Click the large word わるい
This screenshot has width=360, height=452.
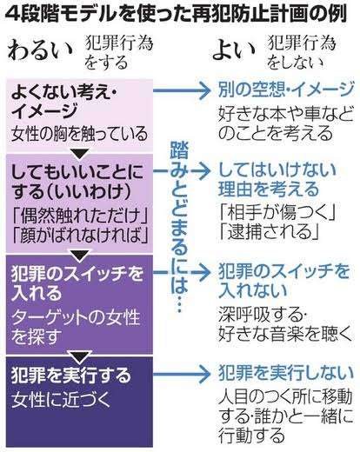[x=40, y=51]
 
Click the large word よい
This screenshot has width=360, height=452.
[x=234, y=51]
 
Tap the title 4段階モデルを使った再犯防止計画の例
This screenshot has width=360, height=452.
[x=177, y=14]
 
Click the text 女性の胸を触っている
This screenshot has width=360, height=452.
[x=80, y=134]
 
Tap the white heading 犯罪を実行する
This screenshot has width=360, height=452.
[x=71, y=376]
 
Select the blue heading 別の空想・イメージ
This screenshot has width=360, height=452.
[x=286, y=90]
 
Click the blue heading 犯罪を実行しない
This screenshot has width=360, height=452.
[x=286, y=373]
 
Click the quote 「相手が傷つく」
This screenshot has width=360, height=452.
[x=277, y=212]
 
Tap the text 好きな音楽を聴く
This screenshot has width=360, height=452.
[x=285, y=334]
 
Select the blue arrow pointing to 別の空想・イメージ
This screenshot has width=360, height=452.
[x=181, y=90]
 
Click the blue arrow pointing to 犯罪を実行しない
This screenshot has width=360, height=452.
[x=181, y=375]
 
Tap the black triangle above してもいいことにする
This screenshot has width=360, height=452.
[x=80, y=154]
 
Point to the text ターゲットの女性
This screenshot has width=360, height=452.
[x=76, y=317]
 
